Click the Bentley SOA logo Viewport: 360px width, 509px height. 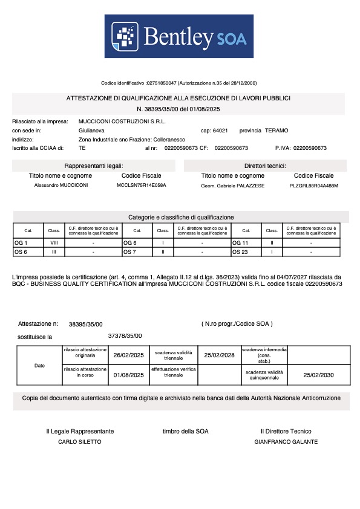click(179, 36)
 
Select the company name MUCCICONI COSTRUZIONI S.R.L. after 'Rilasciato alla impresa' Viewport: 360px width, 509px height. click(118, 122)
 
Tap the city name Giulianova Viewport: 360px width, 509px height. click(91, 131)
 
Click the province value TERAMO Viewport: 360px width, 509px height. click(276, 131)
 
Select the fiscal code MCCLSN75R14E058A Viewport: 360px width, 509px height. click(141, 185)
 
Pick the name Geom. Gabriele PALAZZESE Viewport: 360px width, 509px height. click(233, 185)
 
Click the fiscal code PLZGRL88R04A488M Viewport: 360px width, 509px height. click(314, 185)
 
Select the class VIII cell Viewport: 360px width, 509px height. click(54, 242)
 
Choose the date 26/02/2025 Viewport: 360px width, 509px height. click(129, 355)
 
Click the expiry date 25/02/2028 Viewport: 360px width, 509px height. click(219, 355)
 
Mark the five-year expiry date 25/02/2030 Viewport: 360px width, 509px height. click(318, 375)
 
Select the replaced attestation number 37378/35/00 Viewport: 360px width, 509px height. click(125, 336)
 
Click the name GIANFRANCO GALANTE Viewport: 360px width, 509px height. click(286, 442)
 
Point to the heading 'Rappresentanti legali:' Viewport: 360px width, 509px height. click(94, 166)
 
